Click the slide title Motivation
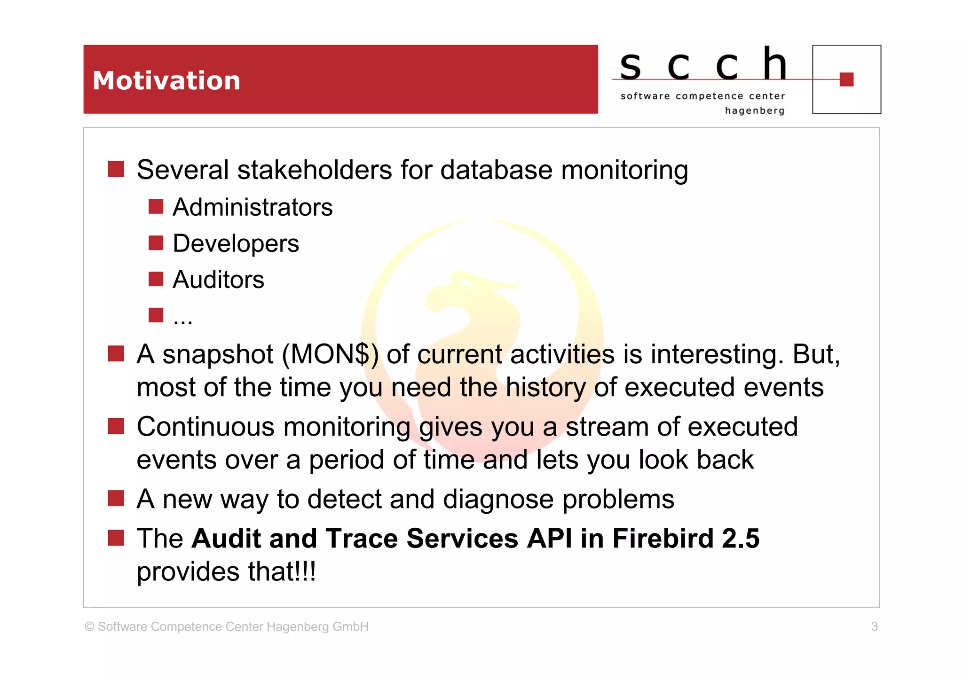coord(166,80)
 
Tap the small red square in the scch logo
coord(846,79)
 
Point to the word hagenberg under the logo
coord(754,111)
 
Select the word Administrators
coord(253,207)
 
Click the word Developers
coord(236,243)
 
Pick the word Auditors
coord(218,280)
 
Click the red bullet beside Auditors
coord(156,279)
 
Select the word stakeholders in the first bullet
coord(315,170)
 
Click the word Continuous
coord(205,427)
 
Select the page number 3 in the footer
coord(874,626)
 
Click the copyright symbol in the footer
coord(89,626)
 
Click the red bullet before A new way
coord(116,498)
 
